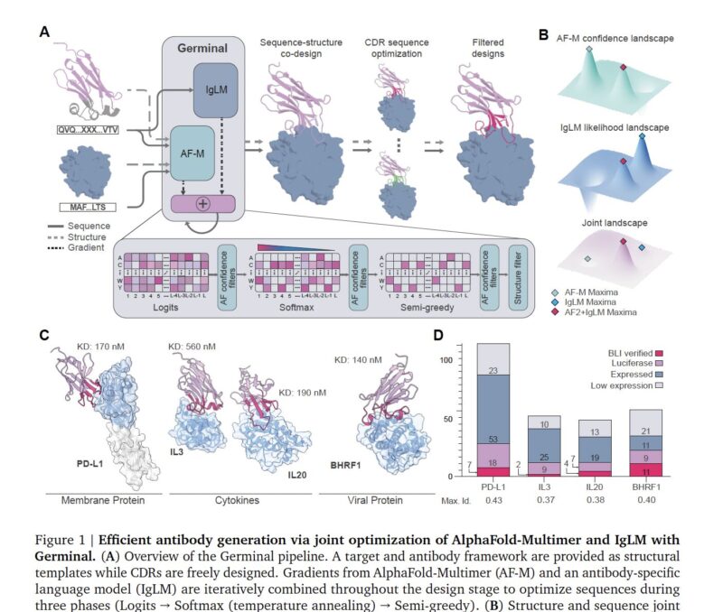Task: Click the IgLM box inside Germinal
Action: point(214,89)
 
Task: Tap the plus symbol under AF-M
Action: point(202,204)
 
